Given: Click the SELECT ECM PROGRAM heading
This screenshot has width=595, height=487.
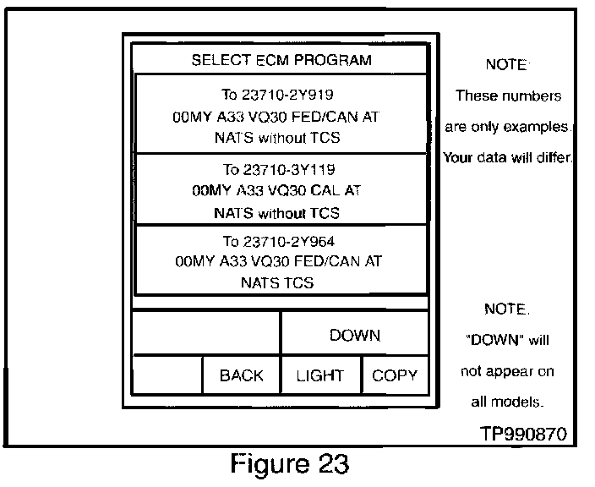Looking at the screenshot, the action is click(281, 60).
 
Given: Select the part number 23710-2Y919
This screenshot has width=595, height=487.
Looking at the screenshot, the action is click(287, 95).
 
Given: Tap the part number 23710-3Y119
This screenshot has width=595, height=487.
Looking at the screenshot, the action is click(289, 170).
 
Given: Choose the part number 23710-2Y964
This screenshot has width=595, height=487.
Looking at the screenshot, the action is click(289, 242).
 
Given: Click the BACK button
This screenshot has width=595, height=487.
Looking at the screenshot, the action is click(242, 375).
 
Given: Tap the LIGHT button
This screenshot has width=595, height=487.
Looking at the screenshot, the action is click(320, 375).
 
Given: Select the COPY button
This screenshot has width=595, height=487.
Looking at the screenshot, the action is click(395, 375).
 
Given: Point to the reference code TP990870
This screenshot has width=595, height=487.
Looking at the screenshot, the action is click(524, 434).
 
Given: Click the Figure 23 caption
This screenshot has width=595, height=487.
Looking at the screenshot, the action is click(290, 463).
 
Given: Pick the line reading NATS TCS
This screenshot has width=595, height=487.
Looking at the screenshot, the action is click(277, 282).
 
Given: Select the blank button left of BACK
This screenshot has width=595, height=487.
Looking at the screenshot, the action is click(167, 375).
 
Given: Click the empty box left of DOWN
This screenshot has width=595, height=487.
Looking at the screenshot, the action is click(206, 333).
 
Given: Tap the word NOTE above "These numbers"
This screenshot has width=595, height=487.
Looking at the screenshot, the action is click(507, 64).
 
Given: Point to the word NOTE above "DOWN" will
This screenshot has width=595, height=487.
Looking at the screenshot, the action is click(507, 309).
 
